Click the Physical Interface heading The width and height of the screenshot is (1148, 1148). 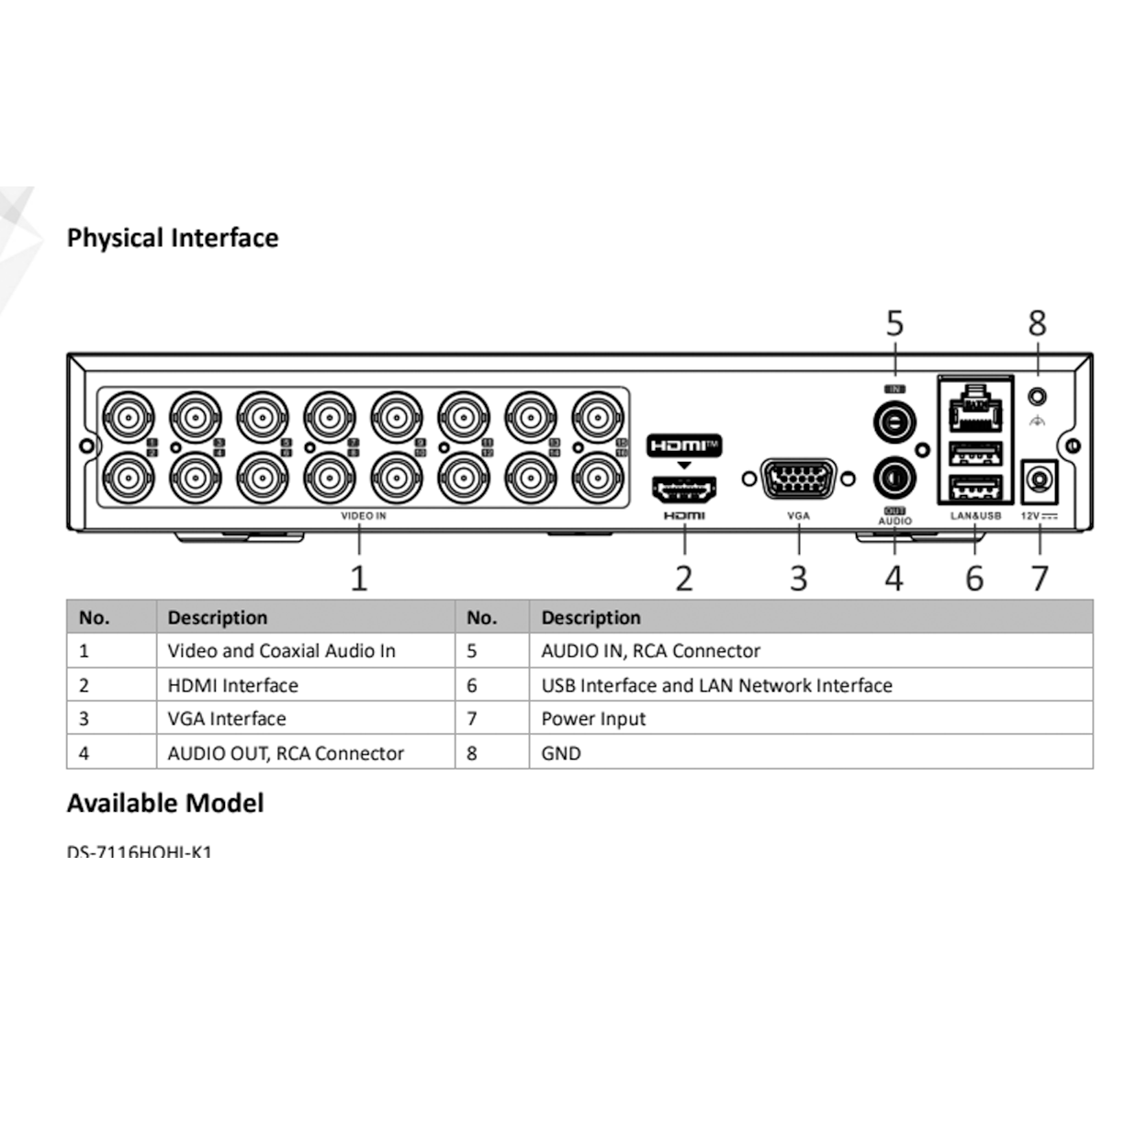[x=172, y=238]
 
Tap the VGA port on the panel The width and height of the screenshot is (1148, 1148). [x=798, y=478]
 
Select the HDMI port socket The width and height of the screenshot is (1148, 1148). [x=684, y=490]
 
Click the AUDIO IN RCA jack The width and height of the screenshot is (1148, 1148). [x=894, y=423]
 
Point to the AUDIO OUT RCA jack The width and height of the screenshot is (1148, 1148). [x=894, y=478]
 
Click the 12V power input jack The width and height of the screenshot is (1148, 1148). [x=1040, y=480]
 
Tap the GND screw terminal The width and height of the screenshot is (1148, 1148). [x=1037, y=397]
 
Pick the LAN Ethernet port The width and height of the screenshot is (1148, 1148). [x=974, y=411]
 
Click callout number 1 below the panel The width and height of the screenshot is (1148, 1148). [x=359, y=579]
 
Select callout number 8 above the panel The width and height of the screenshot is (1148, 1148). [x=1037, y=323]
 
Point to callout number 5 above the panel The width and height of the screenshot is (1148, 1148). [x=895, y=323]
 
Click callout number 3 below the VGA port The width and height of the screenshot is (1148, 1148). [x=799, y=579]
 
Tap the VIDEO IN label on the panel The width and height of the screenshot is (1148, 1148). [x=364, y=516]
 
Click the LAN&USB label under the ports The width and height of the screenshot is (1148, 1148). [x=975, y=516]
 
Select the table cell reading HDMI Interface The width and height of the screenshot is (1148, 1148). [x=232, y=685]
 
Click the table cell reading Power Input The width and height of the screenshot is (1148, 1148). [x=593, y=719]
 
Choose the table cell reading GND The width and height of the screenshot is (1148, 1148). [x=561, y=753]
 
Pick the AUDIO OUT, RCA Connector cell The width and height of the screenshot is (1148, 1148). [x=286, y=753]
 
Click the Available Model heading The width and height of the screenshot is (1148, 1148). [x=165, y=804]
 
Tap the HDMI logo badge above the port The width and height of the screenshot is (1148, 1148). [x=684, y=446]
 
